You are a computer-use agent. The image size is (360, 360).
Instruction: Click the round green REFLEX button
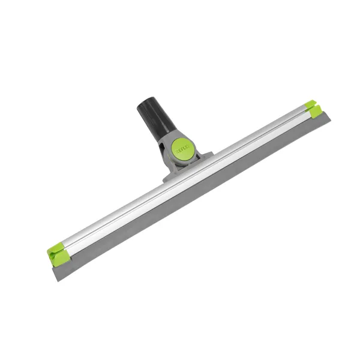pyautogui.click(x=182, y=149)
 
